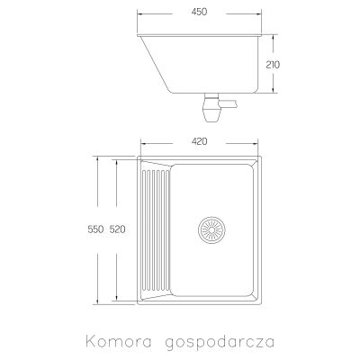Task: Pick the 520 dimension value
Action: [x=117, y=229]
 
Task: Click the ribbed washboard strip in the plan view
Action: [x=154, y=229]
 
